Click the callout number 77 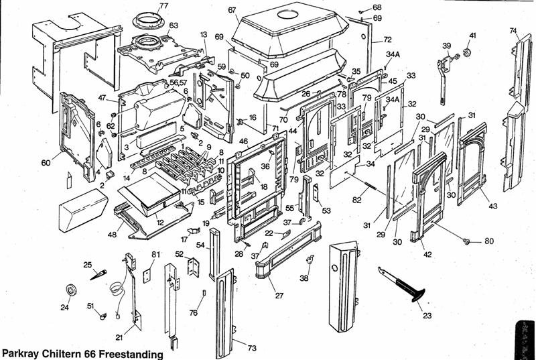163,6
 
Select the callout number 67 232,10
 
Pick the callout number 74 513,31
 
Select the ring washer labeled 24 70,290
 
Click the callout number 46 243,142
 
